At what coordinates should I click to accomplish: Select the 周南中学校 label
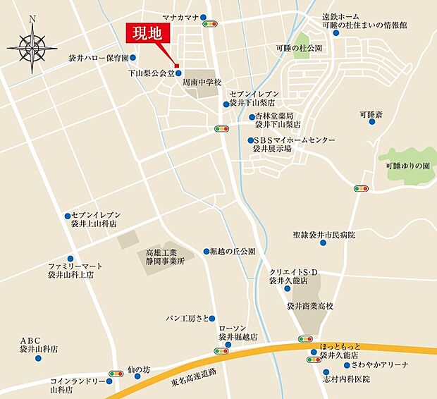pos(202,82)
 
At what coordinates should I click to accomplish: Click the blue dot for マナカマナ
pos(204,17)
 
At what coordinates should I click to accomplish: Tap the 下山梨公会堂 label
pos(150,73)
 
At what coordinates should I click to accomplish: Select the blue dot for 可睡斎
pos(371,121)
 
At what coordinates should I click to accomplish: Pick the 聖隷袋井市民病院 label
pos(324,234)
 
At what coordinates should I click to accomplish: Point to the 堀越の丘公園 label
pos(233,251)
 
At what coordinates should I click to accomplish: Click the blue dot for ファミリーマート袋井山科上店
pos(69,259)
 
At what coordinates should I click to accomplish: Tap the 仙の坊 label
pos(139,369)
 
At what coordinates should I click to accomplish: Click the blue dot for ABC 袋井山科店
pos(38,358)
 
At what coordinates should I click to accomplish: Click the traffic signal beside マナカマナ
pos(210,25)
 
